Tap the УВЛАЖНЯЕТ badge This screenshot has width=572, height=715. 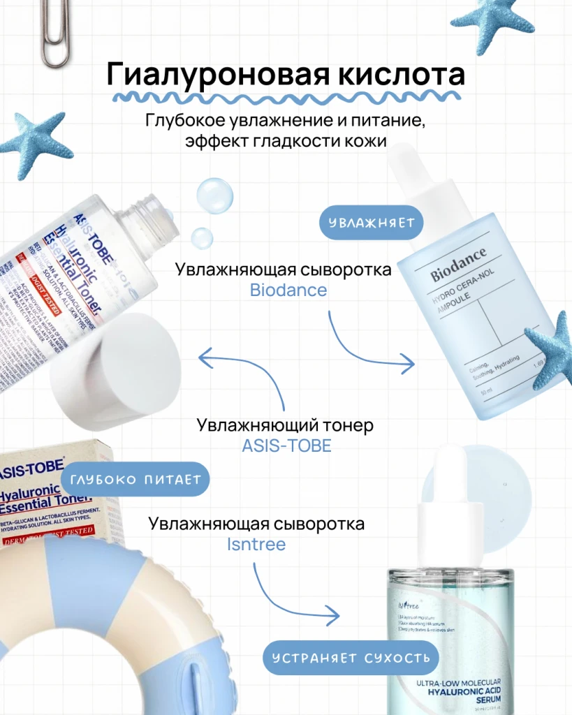pyautogui.click(x=372, y=223)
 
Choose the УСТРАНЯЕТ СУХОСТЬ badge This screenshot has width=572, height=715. pyautogui.click(x=351, y=658)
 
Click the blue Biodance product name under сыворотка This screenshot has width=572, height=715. pyautogui.click(x=288, y=290)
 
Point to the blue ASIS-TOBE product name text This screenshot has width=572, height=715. pyautogui.click(x=286, y=445)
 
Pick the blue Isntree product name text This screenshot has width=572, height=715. pyautogui.click(x=256, y=544)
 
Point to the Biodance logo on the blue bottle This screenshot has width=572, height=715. pyautogui.click(x=458, y=265)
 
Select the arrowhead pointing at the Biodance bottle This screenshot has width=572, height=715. pyautogui.click(x=407, y=363)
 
